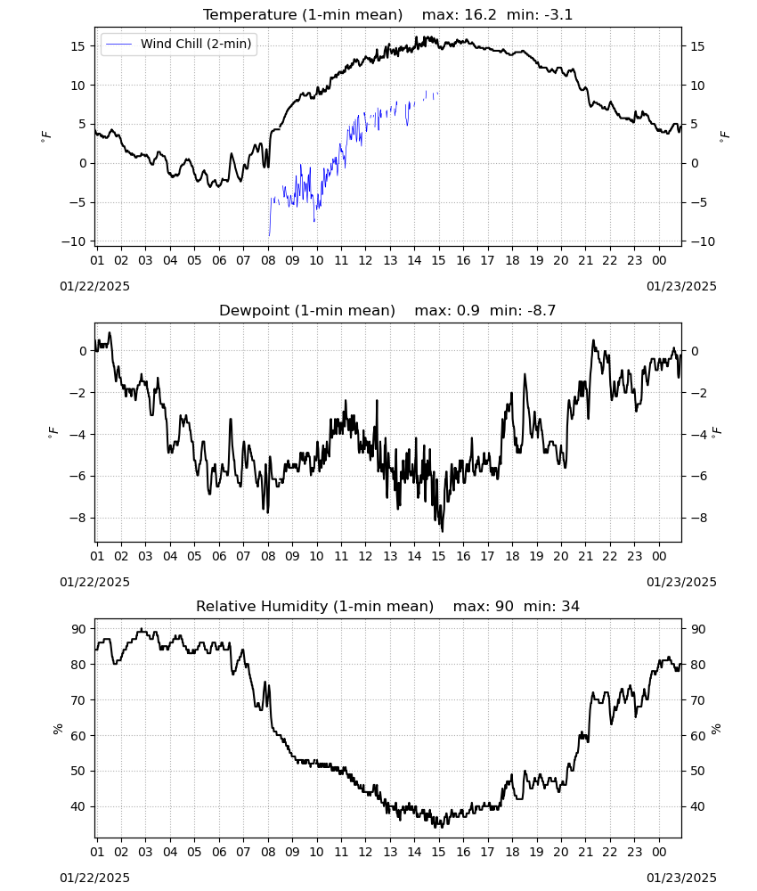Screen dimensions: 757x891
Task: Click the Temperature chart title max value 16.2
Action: tap(480, 15)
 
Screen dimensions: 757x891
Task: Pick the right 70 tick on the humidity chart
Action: tap(697, 700)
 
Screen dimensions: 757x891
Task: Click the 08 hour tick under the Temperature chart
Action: tap(268, 260)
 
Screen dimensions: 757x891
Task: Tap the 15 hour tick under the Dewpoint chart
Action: tap(438, 556)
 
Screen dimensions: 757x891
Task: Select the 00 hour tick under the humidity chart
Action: tap(659, 852)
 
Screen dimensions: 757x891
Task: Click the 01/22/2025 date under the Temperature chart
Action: tap(94, 286)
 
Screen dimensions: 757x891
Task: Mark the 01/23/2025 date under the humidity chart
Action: tap(681, 878)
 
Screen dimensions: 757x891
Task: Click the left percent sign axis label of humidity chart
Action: tap(57, 729)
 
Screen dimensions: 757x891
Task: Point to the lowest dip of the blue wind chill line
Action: tap(269, 234)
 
